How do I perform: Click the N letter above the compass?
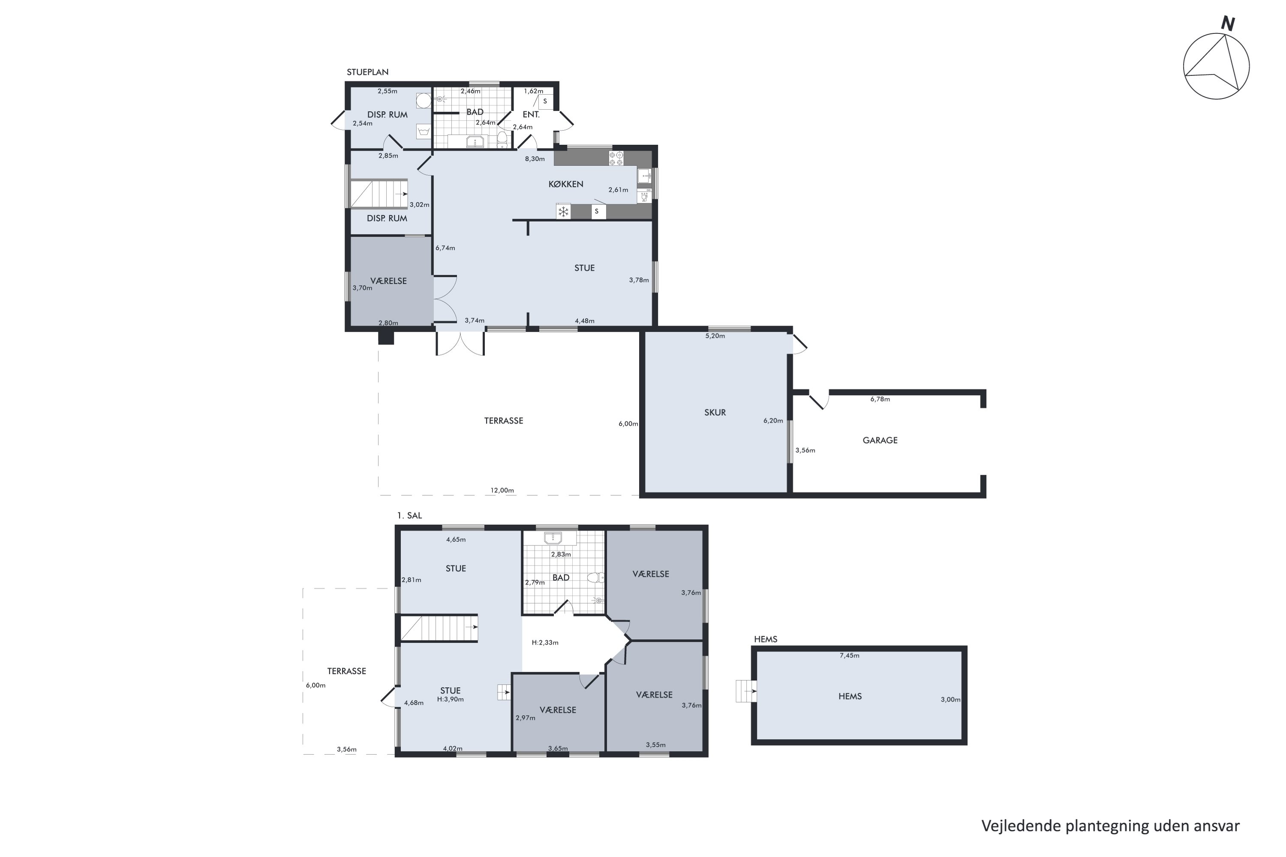coord(1228,24)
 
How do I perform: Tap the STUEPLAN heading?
coord(367,72)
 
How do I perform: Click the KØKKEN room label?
coord(566,184)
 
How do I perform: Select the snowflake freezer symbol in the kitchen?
coord(563,212)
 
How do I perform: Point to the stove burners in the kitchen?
coord(616,159)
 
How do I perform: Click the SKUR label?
coord(715,413)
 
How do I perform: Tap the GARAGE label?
coord(880,440)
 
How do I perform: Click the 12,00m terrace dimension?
coord(502,490)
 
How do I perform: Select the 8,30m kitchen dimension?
coord(535,159)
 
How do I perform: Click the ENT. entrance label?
coord(531,115)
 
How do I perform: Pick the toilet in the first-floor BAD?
coord(595,577)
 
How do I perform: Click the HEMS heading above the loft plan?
coord(766,639)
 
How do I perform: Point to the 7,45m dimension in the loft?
coord(849,655)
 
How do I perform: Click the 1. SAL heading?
coord(409,515)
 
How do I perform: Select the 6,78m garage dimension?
coord(880,399)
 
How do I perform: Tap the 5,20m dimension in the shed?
coord(715,336)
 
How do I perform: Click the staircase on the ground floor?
coord(379,194)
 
